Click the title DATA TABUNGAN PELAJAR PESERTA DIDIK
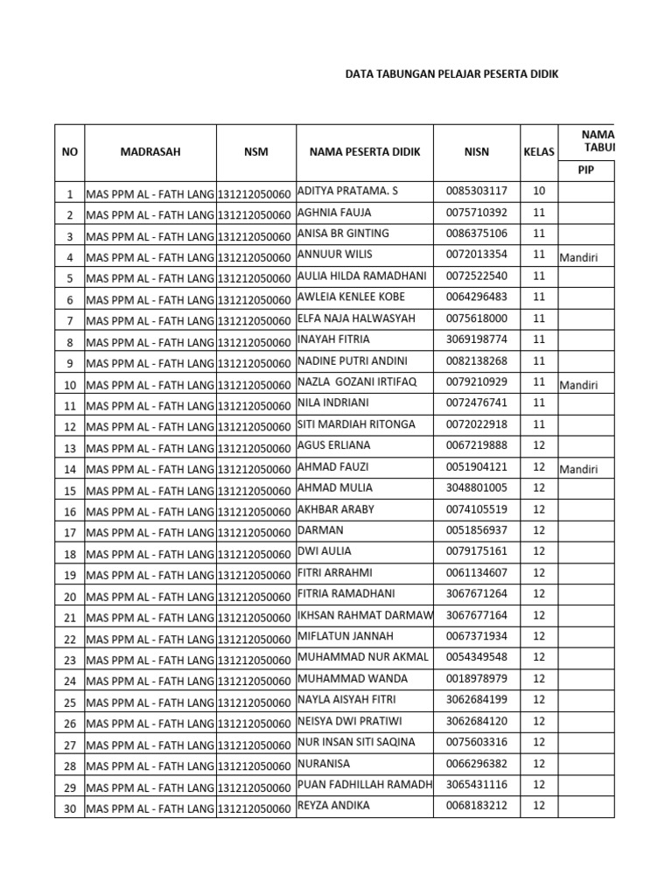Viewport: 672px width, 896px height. (451, 75)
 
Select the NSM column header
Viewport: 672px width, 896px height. (256, 151)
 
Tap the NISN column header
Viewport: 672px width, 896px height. (477, 151)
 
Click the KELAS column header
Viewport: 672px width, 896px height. (539, 151)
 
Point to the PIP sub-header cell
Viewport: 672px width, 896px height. (585, 171)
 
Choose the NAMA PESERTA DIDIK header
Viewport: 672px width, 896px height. (365, 151)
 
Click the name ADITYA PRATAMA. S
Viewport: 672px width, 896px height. (347, 191)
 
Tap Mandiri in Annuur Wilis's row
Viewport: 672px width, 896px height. (578, 256)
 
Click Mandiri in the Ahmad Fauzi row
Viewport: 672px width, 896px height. (578, 469)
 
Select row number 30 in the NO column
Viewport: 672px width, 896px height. (70, 809)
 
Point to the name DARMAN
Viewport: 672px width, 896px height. (321, 530)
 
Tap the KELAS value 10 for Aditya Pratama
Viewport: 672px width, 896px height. (539, 191)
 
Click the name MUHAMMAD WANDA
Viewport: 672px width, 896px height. (347, 679)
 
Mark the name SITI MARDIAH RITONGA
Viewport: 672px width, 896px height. (356, 424)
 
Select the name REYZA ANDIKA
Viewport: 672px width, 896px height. (334, 806)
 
